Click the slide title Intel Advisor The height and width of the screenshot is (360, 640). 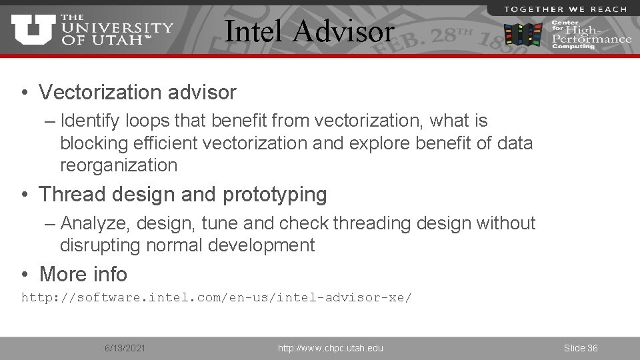[309, 31]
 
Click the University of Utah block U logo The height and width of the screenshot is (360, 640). [33, 30]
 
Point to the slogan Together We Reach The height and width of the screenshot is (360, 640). [565, 9]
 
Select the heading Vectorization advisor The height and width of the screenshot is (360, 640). [137, 92]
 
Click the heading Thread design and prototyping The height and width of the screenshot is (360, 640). [183, 194]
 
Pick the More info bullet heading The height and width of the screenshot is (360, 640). [83, 274]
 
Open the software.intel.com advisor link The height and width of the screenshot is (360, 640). [217, 297]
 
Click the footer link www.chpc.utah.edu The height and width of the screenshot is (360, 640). [331, 348]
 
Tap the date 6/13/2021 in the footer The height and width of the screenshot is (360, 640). [125, 348]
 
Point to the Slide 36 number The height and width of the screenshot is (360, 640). [581, 348]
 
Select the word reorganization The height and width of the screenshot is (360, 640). [119, 165]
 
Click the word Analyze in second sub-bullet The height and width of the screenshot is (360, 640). [96, 223]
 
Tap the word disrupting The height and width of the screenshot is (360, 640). [99, 245]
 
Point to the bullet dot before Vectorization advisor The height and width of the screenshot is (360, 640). [24, 93]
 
